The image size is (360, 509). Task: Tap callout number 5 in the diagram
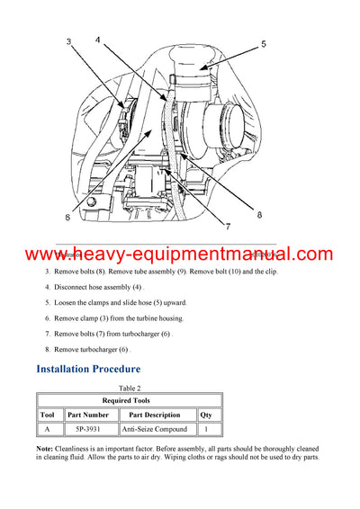point(263,42)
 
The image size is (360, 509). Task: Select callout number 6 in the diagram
point(67,217)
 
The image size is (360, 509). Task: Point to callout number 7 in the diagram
point(229,226)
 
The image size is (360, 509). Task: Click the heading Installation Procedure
point(88,369)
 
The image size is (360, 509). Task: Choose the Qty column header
point(205,415)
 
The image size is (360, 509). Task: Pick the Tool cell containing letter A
point(49,429)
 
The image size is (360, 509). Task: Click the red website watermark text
point(180,255)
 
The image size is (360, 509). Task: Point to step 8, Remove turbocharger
point(91,348)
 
